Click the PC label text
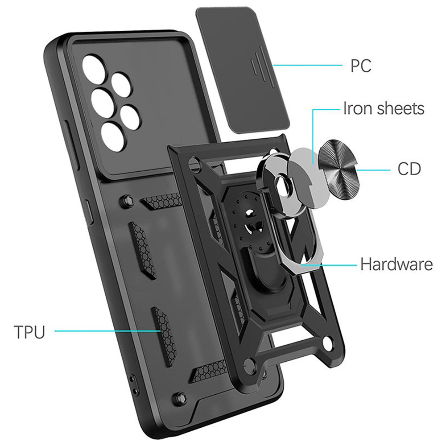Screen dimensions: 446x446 tap(361, 66)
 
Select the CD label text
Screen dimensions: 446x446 tap(409, 169)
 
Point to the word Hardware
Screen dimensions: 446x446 tap(396, 264)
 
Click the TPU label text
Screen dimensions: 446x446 tap(29, 332)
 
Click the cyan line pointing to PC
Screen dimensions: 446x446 tap(307, 66)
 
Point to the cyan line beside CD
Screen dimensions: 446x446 tap(373, 170)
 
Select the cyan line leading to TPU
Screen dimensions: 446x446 tap(108, 330)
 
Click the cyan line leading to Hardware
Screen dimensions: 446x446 tap(328, 265)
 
